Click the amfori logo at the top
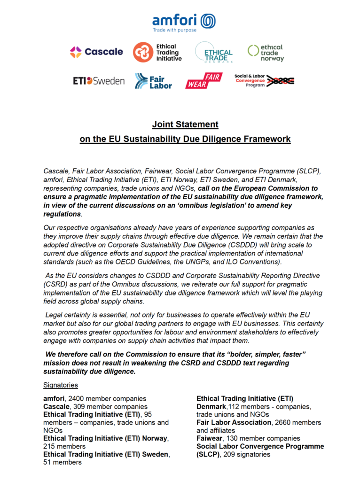pos(184,22)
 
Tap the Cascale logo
pos(96,52)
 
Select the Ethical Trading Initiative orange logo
pos(157,52)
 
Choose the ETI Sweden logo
pos(99,81)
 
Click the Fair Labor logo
pos(153,81)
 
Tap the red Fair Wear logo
pos(203,81)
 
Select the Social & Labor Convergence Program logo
pos(264,81)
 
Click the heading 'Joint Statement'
pos(185,124)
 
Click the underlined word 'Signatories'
pos(61,385)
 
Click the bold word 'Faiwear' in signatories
pos(211,438)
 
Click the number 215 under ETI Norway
pos(49,446)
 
